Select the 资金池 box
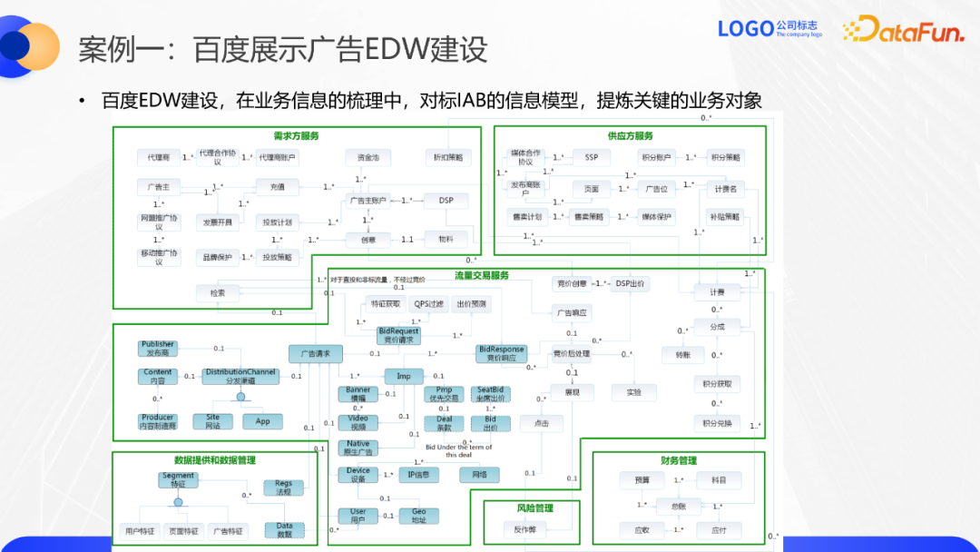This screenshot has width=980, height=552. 367,157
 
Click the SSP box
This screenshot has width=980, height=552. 591,157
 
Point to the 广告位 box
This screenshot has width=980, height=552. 656,189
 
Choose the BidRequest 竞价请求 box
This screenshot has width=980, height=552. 398,336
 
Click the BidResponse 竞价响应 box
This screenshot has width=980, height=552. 501,353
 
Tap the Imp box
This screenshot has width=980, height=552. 403,375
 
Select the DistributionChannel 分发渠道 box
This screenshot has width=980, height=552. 240,376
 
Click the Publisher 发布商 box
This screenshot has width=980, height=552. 158,349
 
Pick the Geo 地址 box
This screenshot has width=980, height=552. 418,516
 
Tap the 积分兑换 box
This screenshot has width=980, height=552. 717,423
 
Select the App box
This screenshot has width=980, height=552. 262,421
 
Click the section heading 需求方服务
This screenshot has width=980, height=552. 296,136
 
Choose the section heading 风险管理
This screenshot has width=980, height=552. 534,508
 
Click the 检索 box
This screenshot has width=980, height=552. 218,292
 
